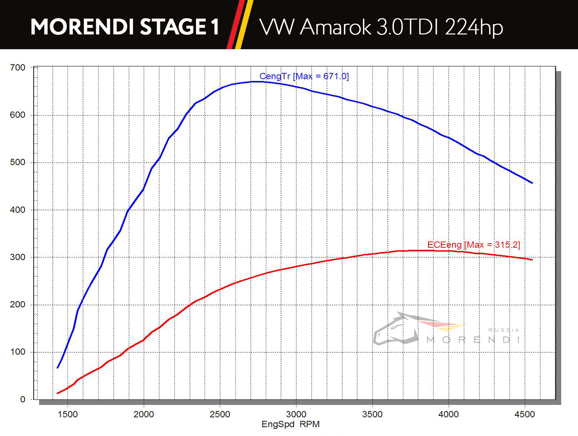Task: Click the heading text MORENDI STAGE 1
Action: (x=125, y=27)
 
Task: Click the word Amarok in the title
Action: (x=336, y=27)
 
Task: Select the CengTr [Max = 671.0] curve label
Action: (x=304, y=76)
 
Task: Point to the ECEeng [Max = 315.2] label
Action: (x=473, y=245)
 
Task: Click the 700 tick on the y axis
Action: (x=17, y=68)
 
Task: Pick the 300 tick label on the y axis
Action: (x=17, y=257)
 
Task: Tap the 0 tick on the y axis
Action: (x=23, y=400)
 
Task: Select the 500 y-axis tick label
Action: (x=17, y=162)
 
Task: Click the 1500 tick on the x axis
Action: (x=68, y=414)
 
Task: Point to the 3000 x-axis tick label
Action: (x=296, y=414)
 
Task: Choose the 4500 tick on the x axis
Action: (x=524, y=414)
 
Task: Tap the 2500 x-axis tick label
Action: (x=220, y=414)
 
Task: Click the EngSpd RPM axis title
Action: (x=290, y=424)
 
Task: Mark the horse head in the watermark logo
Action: (x=396, y=329)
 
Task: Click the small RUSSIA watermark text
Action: (x=503, y=330)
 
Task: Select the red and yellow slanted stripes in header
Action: (x=240, y=24)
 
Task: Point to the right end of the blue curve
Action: (x=532, y=183)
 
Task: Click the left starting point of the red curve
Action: (x=58, y=393)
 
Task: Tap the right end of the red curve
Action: (x=532, y=259)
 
